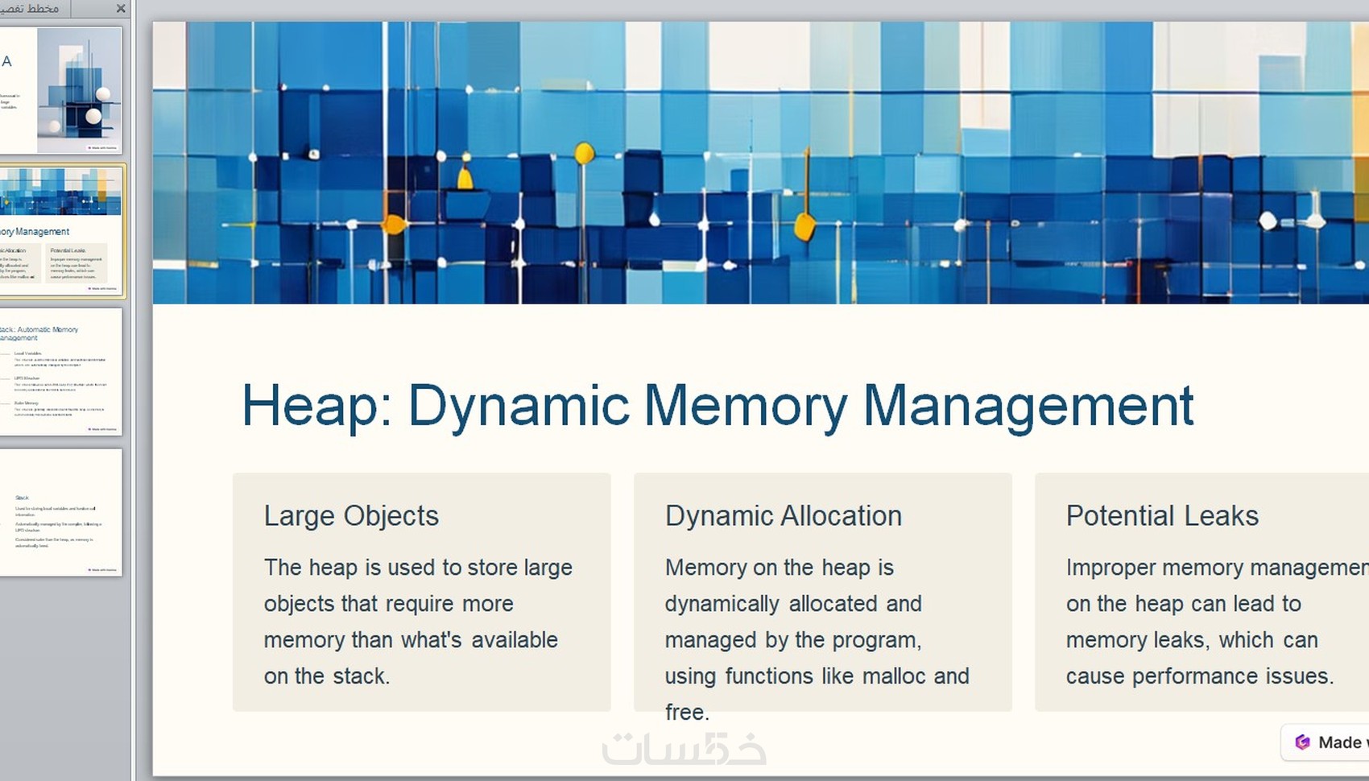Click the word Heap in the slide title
tap(309, 406)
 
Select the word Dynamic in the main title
tap(519, 406)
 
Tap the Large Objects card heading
tap(351, 515)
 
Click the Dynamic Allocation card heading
tap(783, 515)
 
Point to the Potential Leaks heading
tap(1162, 515)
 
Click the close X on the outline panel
tap(121, 9)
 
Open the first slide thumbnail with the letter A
tap(61, 90)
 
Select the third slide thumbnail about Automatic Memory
tap(61, 372)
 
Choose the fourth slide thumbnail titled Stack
tap(61, 512)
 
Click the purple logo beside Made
tap(1302, 742)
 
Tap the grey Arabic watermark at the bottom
tap(684, 749)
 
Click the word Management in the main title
tap(1028, 406)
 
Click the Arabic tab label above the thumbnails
tap(31, 9)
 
